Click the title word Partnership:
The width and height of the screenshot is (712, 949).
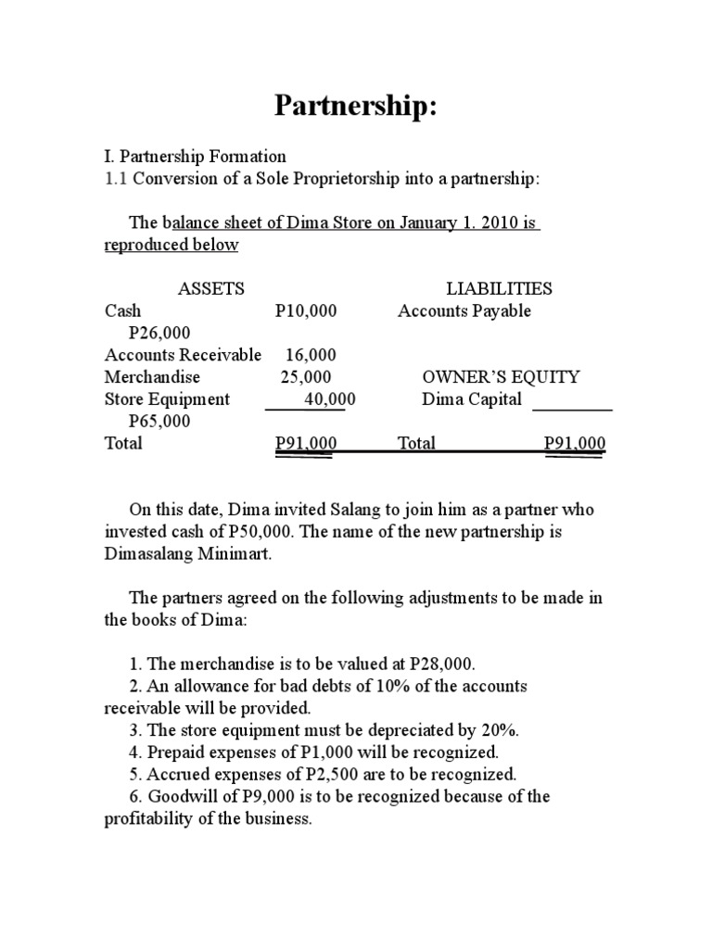point(355,107)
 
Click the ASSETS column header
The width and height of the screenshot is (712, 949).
point(210,289)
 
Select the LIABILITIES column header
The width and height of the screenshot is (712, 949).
point(499,289)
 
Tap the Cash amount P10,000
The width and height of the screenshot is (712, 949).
point(306,311)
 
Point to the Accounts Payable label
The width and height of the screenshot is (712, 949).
point(464,311)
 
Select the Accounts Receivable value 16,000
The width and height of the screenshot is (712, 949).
point(311,355)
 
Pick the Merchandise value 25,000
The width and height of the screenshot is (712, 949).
point(306,377)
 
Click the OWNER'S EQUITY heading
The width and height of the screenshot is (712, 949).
point(501,377)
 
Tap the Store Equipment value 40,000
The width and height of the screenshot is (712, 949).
point(329,399)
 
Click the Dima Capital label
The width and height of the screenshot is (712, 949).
point(472,399)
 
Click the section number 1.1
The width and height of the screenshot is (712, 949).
point(116,179)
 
